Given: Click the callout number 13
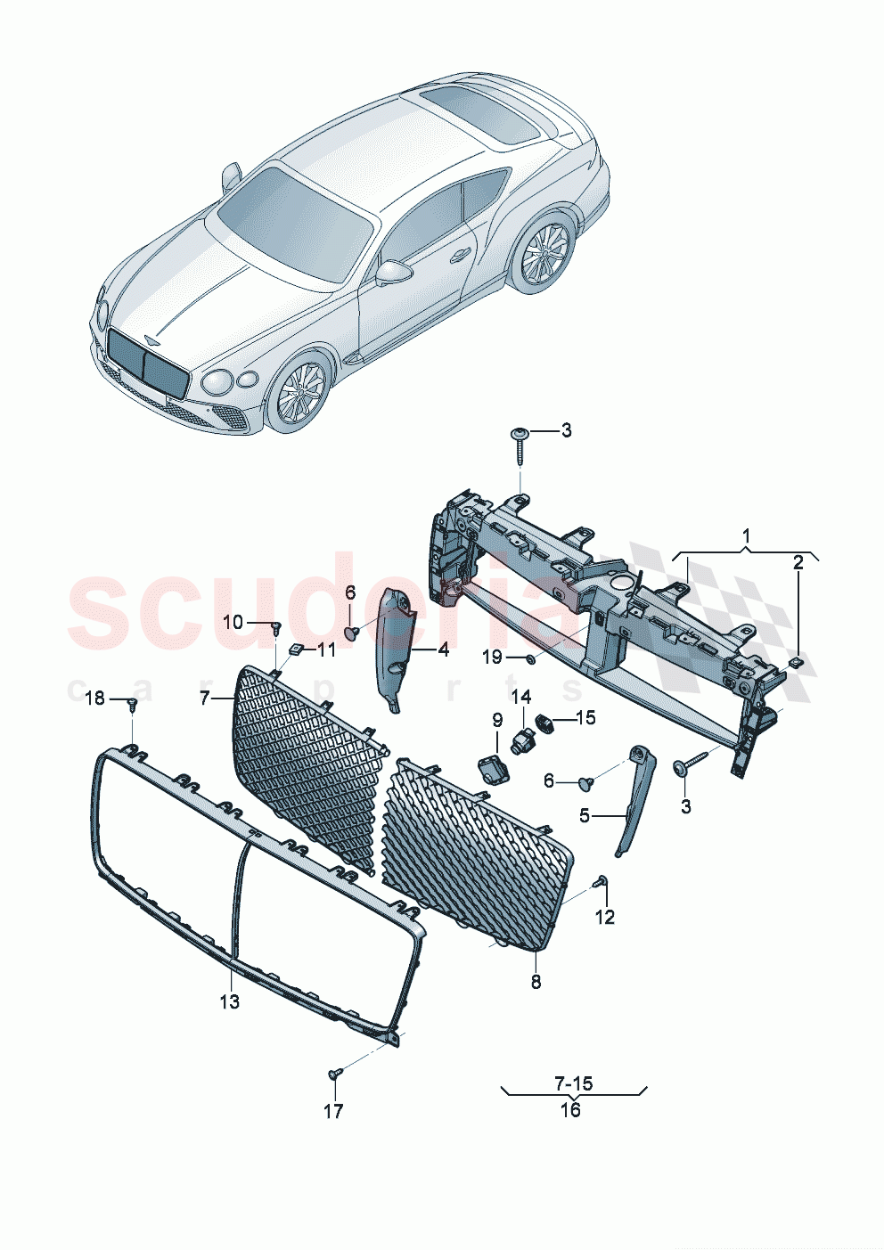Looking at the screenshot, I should (230, 1001).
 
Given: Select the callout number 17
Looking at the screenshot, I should (333, 1111).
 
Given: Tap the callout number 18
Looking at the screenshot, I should (95, 698).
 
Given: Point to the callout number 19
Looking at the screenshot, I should (493, 657).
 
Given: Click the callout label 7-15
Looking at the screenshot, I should (573, 1083).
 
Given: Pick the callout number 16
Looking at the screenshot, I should (570, 1109).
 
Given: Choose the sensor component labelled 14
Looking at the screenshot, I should (523, 737).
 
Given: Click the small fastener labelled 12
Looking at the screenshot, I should (602, 882).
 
